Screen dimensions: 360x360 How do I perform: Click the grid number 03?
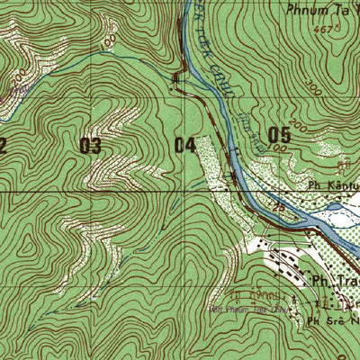pos(90,145)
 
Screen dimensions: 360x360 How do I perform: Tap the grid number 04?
pos(185,145)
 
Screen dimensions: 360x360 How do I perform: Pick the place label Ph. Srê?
pos(333,319)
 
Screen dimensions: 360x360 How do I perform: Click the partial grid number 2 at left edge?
pos(4,145)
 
